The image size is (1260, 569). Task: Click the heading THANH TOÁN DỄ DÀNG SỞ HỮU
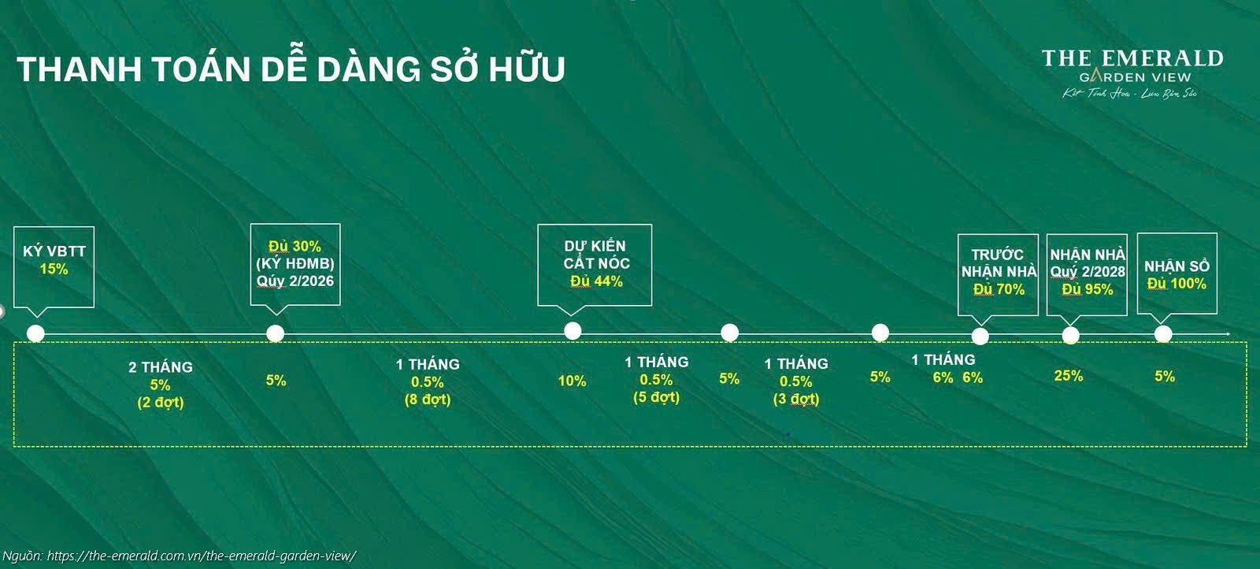pos(291,69)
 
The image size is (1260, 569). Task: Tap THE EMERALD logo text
pos(1132,58)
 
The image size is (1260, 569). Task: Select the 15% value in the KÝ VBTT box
pos(54,270)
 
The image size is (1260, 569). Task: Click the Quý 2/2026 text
pos(295,281)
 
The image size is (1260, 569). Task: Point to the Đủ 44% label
pos(596,281)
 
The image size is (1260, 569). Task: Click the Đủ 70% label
pos(999,289)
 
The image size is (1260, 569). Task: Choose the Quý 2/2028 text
pos(1088,272)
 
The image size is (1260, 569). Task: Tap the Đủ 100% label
pos(1177,284)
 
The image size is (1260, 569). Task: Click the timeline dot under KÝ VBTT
pos(35,333)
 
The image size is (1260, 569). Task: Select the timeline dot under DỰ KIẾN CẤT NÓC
pos(573,331)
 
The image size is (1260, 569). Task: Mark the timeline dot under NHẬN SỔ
pos(1163,334)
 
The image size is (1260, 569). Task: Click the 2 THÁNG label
pos(161,367)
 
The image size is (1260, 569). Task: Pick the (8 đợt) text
pos(428,400)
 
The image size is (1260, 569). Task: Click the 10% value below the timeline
pos(572,381)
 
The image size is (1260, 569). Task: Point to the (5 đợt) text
pos(656,397)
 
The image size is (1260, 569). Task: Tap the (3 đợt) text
pos(796,399)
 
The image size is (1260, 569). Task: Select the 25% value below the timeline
pos(1068,376)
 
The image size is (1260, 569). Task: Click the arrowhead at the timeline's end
pos(1226,335)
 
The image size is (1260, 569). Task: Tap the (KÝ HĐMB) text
pos(295,264)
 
